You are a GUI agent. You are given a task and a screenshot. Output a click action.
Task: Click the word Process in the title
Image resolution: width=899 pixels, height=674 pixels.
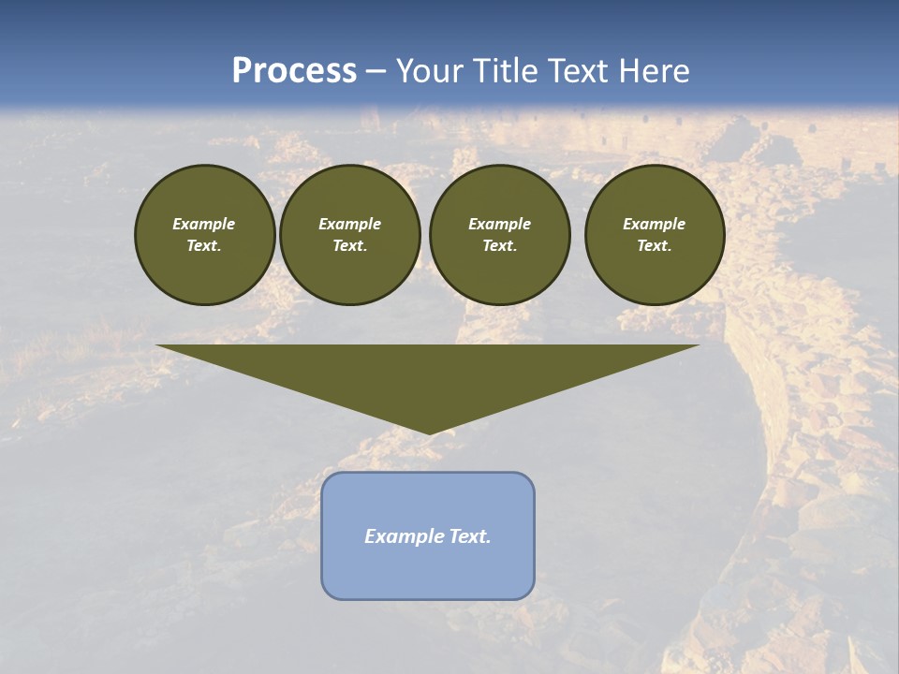point(294,71)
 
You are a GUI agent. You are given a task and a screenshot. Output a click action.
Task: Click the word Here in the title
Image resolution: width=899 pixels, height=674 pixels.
point(660,71)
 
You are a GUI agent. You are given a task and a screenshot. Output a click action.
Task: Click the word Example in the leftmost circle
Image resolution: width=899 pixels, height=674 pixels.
point(204,224)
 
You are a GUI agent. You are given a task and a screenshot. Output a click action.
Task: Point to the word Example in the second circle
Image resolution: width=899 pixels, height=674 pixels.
point(349,224)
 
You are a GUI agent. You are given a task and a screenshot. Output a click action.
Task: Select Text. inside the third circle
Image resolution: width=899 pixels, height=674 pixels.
point(499,245)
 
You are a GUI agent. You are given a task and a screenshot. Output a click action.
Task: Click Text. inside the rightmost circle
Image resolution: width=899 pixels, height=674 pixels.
point(654,245)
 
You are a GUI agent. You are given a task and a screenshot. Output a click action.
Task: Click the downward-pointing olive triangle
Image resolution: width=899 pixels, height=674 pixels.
point(428,374)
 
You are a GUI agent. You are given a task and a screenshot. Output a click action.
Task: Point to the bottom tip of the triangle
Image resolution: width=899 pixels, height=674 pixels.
point(428,432)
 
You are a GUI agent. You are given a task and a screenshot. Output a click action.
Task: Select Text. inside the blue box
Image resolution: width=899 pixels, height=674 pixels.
point(470,536)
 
